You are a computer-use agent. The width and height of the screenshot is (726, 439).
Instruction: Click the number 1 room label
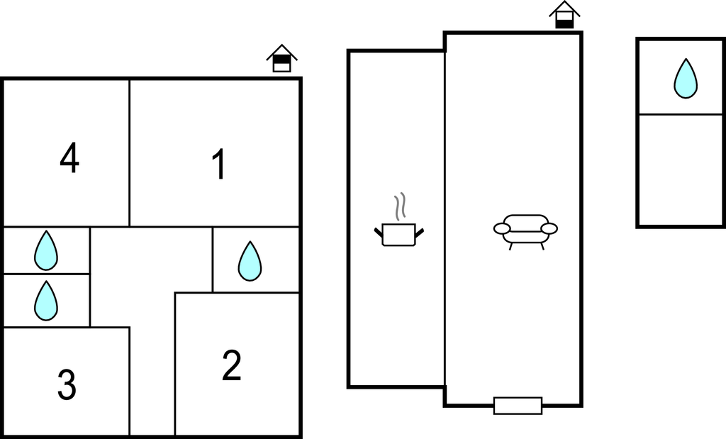218,164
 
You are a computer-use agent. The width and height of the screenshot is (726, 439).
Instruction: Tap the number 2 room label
232,365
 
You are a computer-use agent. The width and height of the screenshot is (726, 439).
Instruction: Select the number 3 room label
67,384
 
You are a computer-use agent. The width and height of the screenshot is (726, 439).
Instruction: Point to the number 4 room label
69,157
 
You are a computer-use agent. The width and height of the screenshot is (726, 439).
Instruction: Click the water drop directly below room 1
250,261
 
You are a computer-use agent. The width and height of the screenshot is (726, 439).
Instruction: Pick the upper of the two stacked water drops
46,250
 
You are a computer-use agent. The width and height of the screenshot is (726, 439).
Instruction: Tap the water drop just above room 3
46,301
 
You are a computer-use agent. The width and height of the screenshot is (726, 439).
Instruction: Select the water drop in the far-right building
686,78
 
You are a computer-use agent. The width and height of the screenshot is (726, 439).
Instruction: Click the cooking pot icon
398,234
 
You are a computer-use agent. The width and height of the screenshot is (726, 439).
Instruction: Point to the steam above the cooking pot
400,206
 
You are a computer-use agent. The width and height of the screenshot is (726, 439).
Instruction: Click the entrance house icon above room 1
281,58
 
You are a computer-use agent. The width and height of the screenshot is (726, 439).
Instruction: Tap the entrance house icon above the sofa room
564,15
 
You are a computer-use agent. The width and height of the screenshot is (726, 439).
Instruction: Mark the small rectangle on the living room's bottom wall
518,406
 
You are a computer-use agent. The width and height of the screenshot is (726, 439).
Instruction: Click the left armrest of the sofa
502,228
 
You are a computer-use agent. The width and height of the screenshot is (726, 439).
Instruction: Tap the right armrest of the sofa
549,228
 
